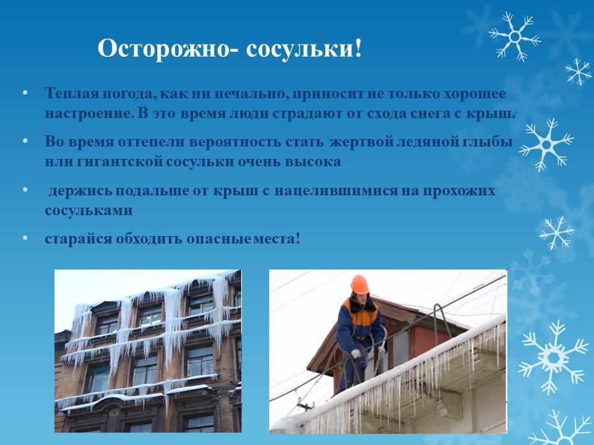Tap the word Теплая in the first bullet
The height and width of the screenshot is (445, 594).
click(72, 93)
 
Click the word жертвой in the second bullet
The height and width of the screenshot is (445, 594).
click(361, 142)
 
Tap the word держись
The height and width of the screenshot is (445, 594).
click(80, 190)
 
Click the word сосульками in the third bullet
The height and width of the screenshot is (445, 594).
click(88, 210)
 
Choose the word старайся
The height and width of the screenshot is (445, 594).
click(79, 239)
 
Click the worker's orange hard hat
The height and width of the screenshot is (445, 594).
click(359, 284)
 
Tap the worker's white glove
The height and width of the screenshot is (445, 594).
click(356, 354)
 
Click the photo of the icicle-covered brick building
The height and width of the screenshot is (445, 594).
click(148, 351)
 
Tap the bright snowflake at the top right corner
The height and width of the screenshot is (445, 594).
click(515, 36)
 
